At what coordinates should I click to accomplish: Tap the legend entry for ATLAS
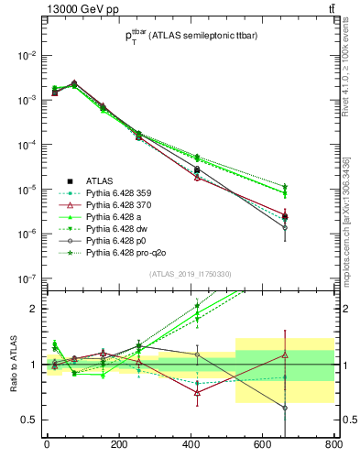pyautogui.click(x=102, y=180)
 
